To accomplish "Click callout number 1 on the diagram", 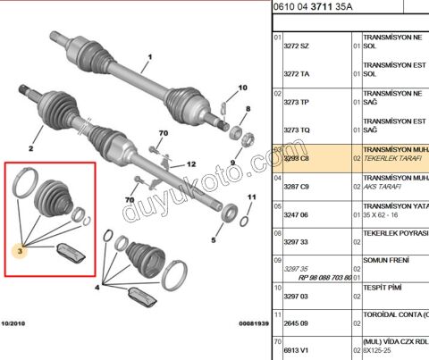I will [149, 56].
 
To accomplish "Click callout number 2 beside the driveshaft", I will [30, 147].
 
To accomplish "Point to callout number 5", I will [214, 240].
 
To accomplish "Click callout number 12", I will [189, 164].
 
